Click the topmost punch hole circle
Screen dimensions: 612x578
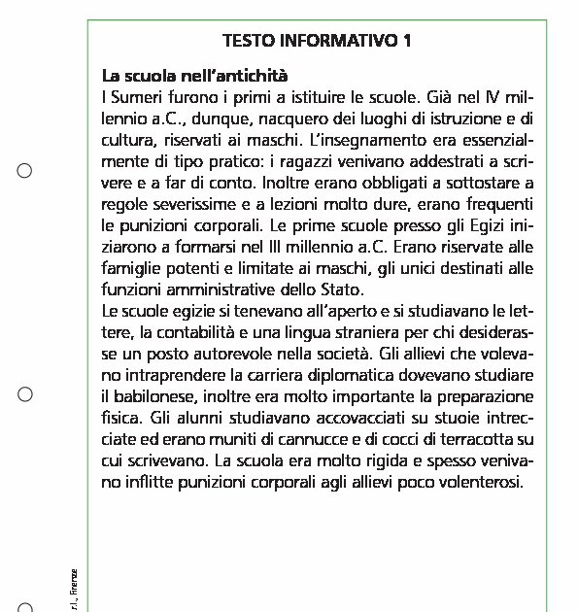(x=26, y=172)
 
